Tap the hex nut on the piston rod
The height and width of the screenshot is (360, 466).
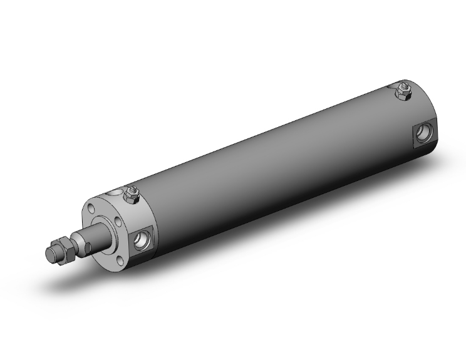(x=63, y=246)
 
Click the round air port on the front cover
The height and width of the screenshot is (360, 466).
(x=142, y=237)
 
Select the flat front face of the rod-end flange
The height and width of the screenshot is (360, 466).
(x=100, y=247)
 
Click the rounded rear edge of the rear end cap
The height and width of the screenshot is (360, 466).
(x=432, y=113)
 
